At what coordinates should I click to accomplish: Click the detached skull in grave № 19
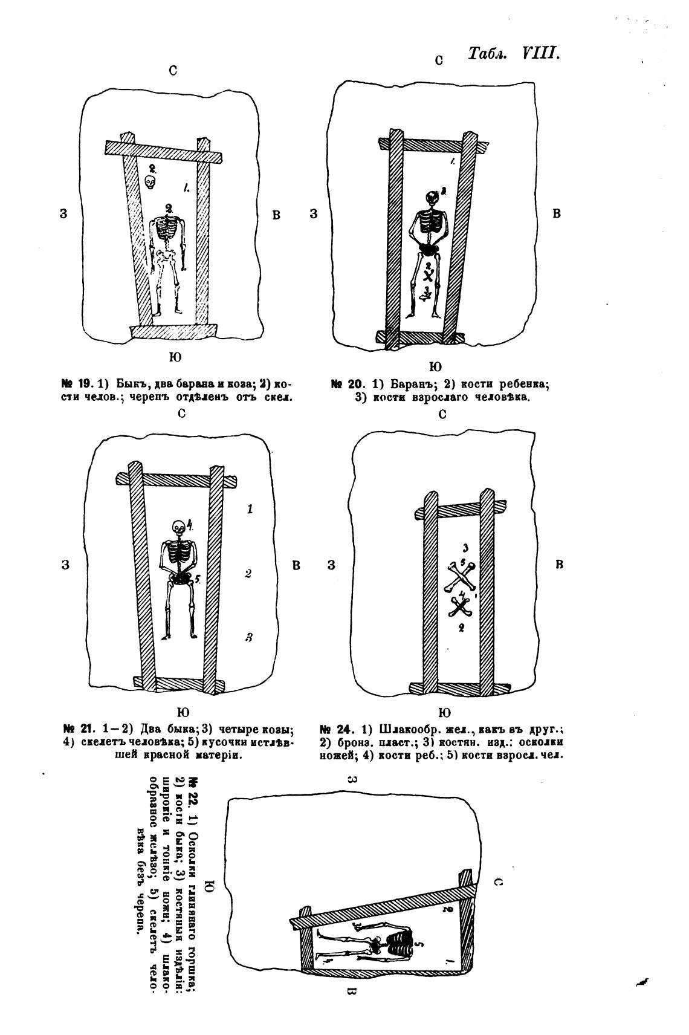[150, 181]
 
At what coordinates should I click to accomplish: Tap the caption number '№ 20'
[346, 384]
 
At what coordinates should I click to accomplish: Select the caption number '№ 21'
[76, 728]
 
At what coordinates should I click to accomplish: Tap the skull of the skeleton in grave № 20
[432, 198]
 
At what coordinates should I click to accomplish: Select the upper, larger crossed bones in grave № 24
[462, 577]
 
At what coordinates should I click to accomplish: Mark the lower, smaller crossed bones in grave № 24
[461, 606]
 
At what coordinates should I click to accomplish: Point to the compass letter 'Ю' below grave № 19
[175, 357]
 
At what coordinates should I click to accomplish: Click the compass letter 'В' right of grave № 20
[557, 213]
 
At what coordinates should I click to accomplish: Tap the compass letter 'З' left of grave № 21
[65, 565]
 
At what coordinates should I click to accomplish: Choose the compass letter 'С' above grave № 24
[442, 415]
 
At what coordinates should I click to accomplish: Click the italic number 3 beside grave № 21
[248, 637]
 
